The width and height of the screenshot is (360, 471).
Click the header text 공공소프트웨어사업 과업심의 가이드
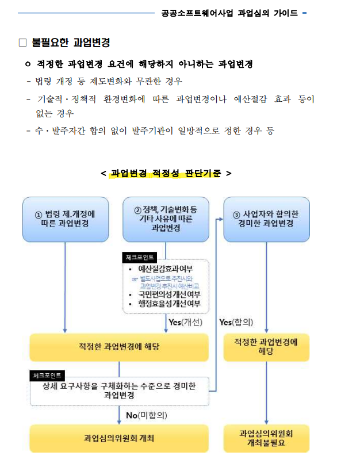coord(229,13)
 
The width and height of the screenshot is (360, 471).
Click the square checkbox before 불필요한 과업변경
coord(23,42)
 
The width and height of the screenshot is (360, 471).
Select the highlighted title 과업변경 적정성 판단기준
coord(166,173)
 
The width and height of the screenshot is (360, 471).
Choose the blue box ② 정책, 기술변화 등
coord(166,219)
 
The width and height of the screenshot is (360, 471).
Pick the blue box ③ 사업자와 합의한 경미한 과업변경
coord(266,219)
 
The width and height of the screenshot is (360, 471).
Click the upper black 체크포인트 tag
coord(140,257)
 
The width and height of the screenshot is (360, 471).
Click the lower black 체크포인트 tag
coord(49,376)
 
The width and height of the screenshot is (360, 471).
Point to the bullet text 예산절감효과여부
coord(165,269)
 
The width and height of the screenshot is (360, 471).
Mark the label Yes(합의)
coord(236,322)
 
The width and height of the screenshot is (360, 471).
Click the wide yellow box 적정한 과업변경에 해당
coord(119,347)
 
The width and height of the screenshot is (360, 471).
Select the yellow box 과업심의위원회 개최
coord(119,438)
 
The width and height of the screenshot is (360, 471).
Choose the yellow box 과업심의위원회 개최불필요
coord(266,438)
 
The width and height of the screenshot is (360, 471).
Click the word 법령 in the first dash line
coord(43,81)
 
